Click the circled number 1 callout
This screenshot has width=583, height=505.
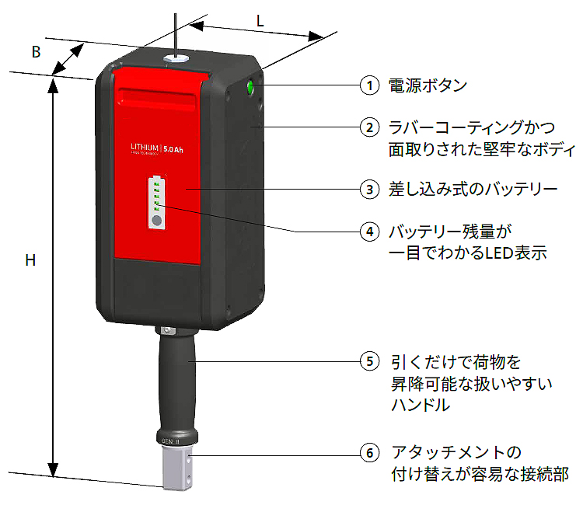tap(370, 85)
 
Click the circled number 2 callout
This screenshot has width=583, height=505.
tap(370, 126)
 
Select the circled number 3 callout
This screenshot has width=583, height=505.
tap(370, 188)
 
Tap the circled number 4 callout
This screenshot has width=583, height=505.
tap(370, 232)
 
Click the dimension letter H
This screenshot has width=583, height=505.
tap(30, 260)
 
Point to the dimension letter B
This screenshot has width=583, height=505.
tap(35, 52)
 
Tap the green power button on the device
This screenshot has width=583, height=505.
tap(251, 87)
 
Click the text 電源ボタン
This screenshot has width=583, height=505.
tap(428, 85)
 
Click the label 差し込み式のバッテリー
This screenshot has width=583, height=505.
tap(473, 188)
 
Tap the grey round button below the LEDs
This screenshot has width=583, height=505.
tap(156, 221)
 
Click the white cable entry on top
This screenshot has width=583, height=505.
tap(174, 58)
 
